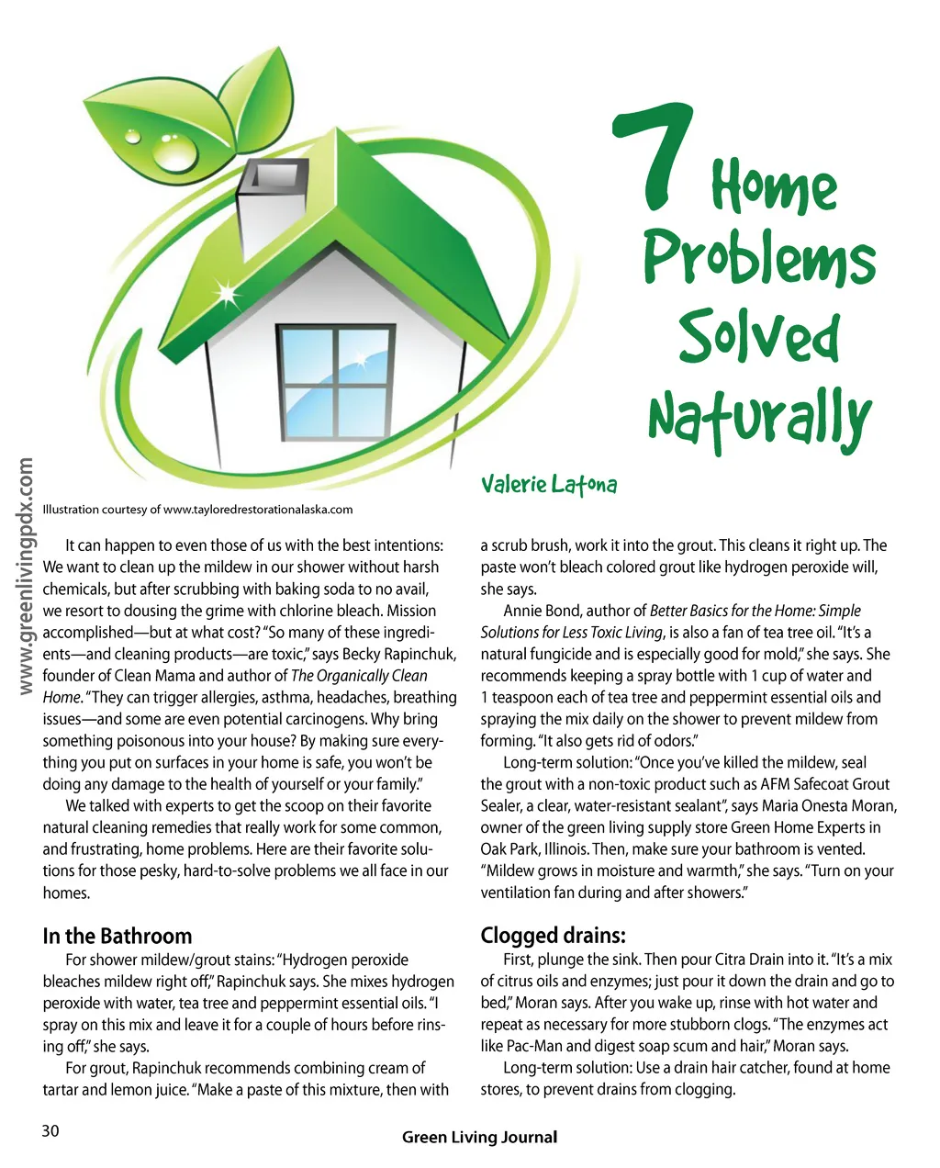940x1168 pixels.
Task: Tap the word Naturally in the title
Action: coord(758,419)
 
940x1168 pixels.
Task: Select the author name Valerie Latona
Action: coord(548,484)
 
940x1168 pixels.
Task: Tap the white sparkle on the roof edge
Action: coord(225,295)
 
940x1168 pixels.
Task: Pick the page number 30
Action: coord(50,1131)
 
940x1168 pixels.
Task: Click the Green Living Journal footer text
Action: coord(479,1138)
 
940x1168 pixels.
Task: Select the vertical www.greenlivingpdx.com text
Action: coord(26,577)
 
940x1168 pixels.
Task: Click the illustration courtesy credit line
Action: coord(197,510)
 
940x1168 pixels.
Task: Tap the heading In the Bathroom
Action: coord(117,936)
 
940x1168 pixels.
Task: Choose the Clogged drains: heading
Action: coord(553,936)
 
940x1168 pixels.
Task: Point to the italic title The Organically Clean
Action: coord(359,676)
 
